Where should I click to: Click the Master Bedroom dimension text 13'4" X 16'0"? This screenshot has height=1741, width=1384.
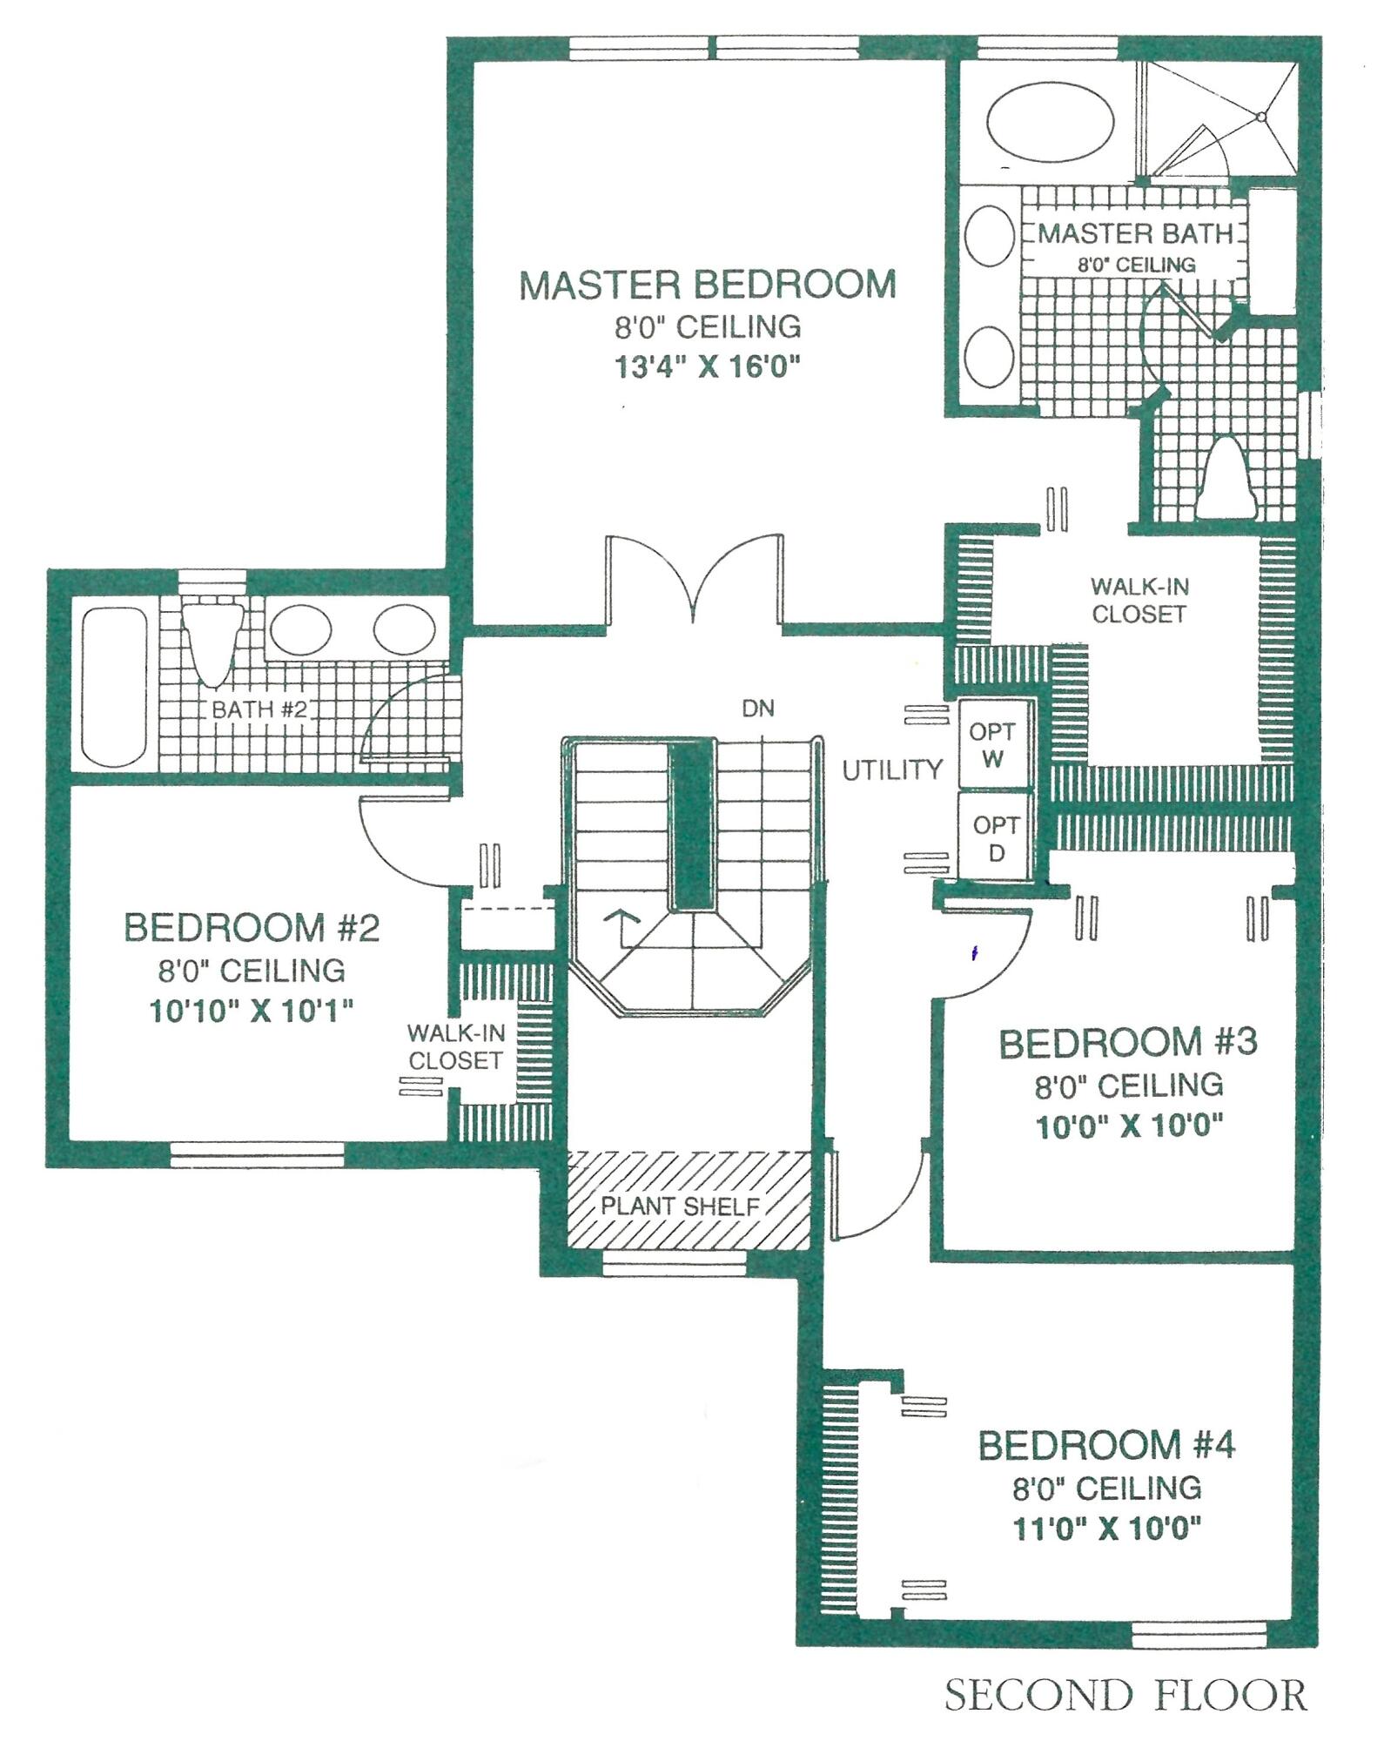click(707, 366)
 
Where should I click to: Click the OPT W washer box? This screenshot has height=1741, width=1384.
click(993, 745)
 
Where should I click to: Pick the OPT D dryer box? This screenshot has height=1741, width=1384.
click(996, 837)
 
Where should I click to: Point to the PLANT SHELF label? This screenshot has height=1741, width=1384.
click(680, 1207)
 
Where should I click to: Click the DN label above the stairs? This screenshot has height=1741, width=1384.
click(757, 709)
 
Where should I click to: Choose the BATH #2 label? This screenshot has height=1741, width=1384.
click(259, 709)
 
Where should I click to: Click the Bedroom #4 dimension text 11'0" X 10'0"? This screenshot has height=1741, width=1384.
click(1107, 1529)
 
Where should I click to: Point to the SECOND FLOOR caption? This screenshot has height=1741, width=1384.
click(1125, 1696)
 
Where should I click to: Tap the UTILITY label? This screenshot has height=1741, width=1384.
click(892, 770)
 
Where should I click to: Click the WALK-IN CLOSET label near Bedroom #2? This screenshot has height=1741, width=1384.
click(455, 1047)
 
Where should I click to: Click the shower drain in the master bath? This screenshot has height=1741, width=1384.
click(1260, 116)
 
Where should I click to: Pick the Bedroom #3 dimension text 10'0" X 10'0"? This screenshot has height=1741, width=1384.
click(1129, 1126)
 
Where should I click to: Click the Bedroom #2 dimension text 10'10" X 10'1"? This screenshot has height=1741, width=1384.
click(252, 1011)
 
